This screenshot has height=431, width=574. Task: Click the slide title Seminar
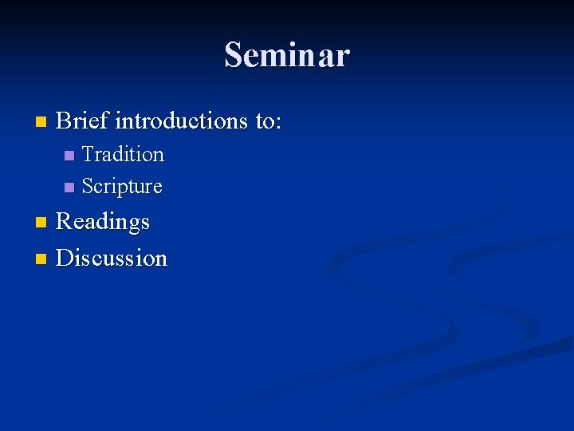[x=287, y=55]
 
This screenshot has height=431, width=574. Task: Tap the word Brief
[x=83, y=121]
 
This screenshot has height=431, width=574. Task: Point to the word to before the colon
[x=265, y=121]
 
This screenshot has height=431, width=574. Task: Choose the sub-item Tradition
[x=123, y=153]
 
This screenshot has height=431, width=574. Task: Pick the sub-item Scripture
[x=122, y=187]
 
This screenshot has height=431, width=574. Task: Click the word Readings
[x=103, y=221]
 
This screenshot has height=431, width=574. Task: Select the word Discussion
[x=112, y=258]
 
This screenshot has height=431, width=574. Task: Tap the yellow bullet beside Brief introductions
[x=41, y=122]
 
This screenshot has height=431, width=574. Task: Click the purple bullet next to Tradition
[x=69, y=155]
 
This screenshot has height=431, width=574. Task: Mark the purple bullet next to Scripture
[x=69, y=188]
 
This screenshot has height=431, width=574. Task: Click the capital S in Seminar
[x=233, y=55]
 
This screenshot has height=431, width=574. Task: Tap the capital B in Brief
[x=64, y=121]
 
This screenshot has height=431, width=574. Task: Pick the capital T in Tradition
[x=88, y=153]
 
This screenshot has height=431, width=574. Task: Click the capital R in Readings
[x=64, y=220]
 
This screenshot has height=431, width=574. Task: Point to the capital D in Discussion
[x=65, y=258]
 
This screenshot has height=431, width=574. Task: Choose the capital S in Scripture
[x=88, y=187]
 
